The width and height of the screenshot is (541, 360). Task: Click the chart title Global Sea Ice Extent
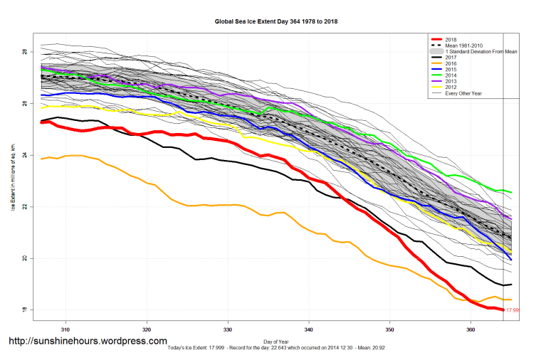click(276, 21)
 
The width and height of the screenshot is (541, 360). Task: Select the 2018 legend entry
click(451, 39)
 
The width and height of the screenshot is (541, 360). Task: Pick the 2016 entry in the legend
click(451, 63)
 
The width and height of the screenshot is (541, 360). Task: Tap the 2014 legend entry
click(451, 75)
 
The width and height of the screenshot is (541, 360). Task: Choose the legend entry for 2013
click(451, 81)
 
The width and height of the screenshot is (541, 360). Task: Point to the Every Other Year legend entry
click(464, 93)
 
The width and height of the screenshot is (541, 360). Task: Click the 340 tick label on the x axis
click(309, 329)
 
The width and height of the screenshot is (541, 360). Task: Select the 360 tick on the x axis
click(471, 329)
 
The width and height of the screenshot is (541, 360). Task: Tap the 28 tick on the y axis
click(24, 53)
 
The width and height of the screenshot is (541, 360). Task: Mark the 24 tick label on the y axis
click(24, 155)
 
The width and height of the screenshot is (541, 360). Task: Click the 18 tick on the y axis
click(24, 309)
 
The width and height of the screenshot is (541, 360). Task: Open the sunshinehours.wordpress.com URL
click(88, 342)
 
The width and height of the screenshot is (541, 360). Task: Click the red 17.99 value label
click(512, 310)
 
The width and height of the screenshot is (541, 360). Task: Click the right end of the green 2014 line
click(512, 192)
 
